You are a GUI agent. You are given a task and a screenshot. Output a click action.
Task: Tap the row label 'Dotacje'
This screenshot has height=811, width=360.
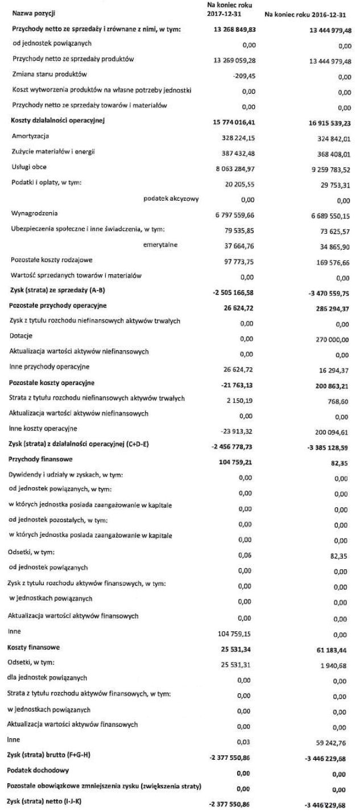click(x=22, y=338)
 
